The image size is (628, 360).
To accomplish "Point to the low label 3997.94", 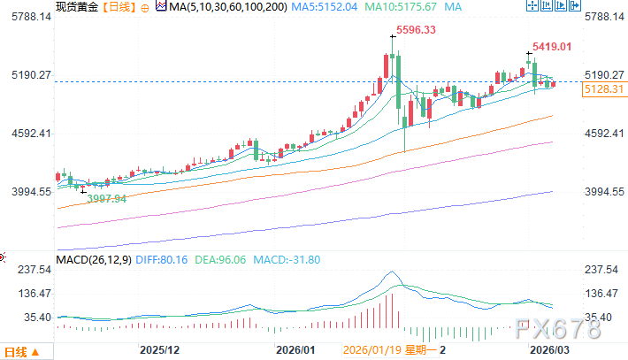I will [x=106, y=199].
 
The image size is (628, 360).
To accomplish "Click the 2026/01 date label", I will [x=295, y=350].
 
